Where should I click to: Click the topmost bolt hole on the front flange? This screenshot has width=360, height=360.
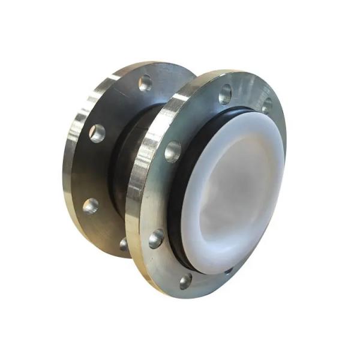click(x=225, y=93)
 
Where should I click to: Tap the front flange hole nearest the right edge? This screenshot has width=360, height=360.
click(x=266, y=106)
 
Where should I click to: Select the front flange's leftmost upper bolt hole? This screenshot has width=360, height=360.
click(x=173, y=151)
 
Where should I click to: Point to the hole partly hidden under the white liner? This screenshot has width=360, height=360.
click(x=229, y=271)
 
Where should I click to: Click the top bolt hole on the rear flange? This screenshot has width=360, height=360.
click(x=145, y=83)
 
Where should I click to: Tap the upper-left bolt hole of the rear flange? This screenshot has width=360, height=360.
click(x=97, y=133)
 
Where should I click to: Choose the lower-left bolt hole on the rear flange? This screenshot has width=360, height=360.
click(x=91, y=206)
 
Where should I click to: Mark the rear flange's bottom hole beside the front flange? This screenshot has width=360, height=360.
click(x=124, y=243)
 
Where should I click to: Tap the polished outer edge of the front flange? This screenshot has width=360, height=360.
click(x=135, y=198)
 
